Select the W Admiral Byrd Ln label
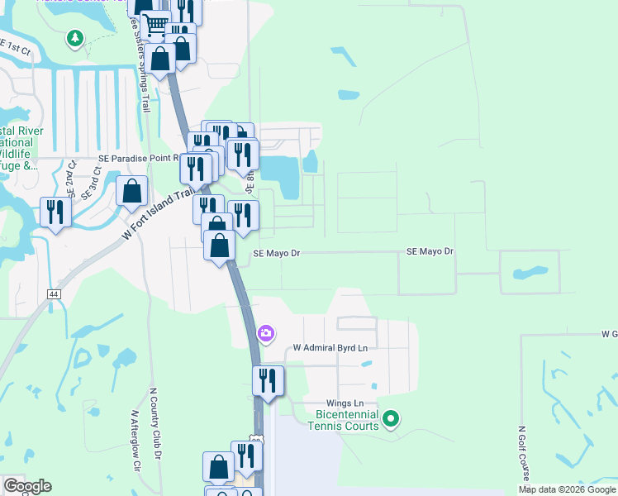tap(330, 348)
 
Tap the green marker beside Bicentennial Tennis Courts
tap(392, 421)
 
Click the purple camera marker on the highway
tap(266, 333)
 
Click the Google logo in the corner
tap(27, 486)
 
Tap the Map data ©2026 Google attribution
tap(568, 489)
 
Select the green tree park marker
tap(75, 37)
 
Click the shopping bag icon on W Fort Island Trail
tap(131, 192)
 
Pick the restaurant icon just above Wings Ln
tap(268, 381)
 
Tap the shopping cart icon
tap(154, 26)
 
